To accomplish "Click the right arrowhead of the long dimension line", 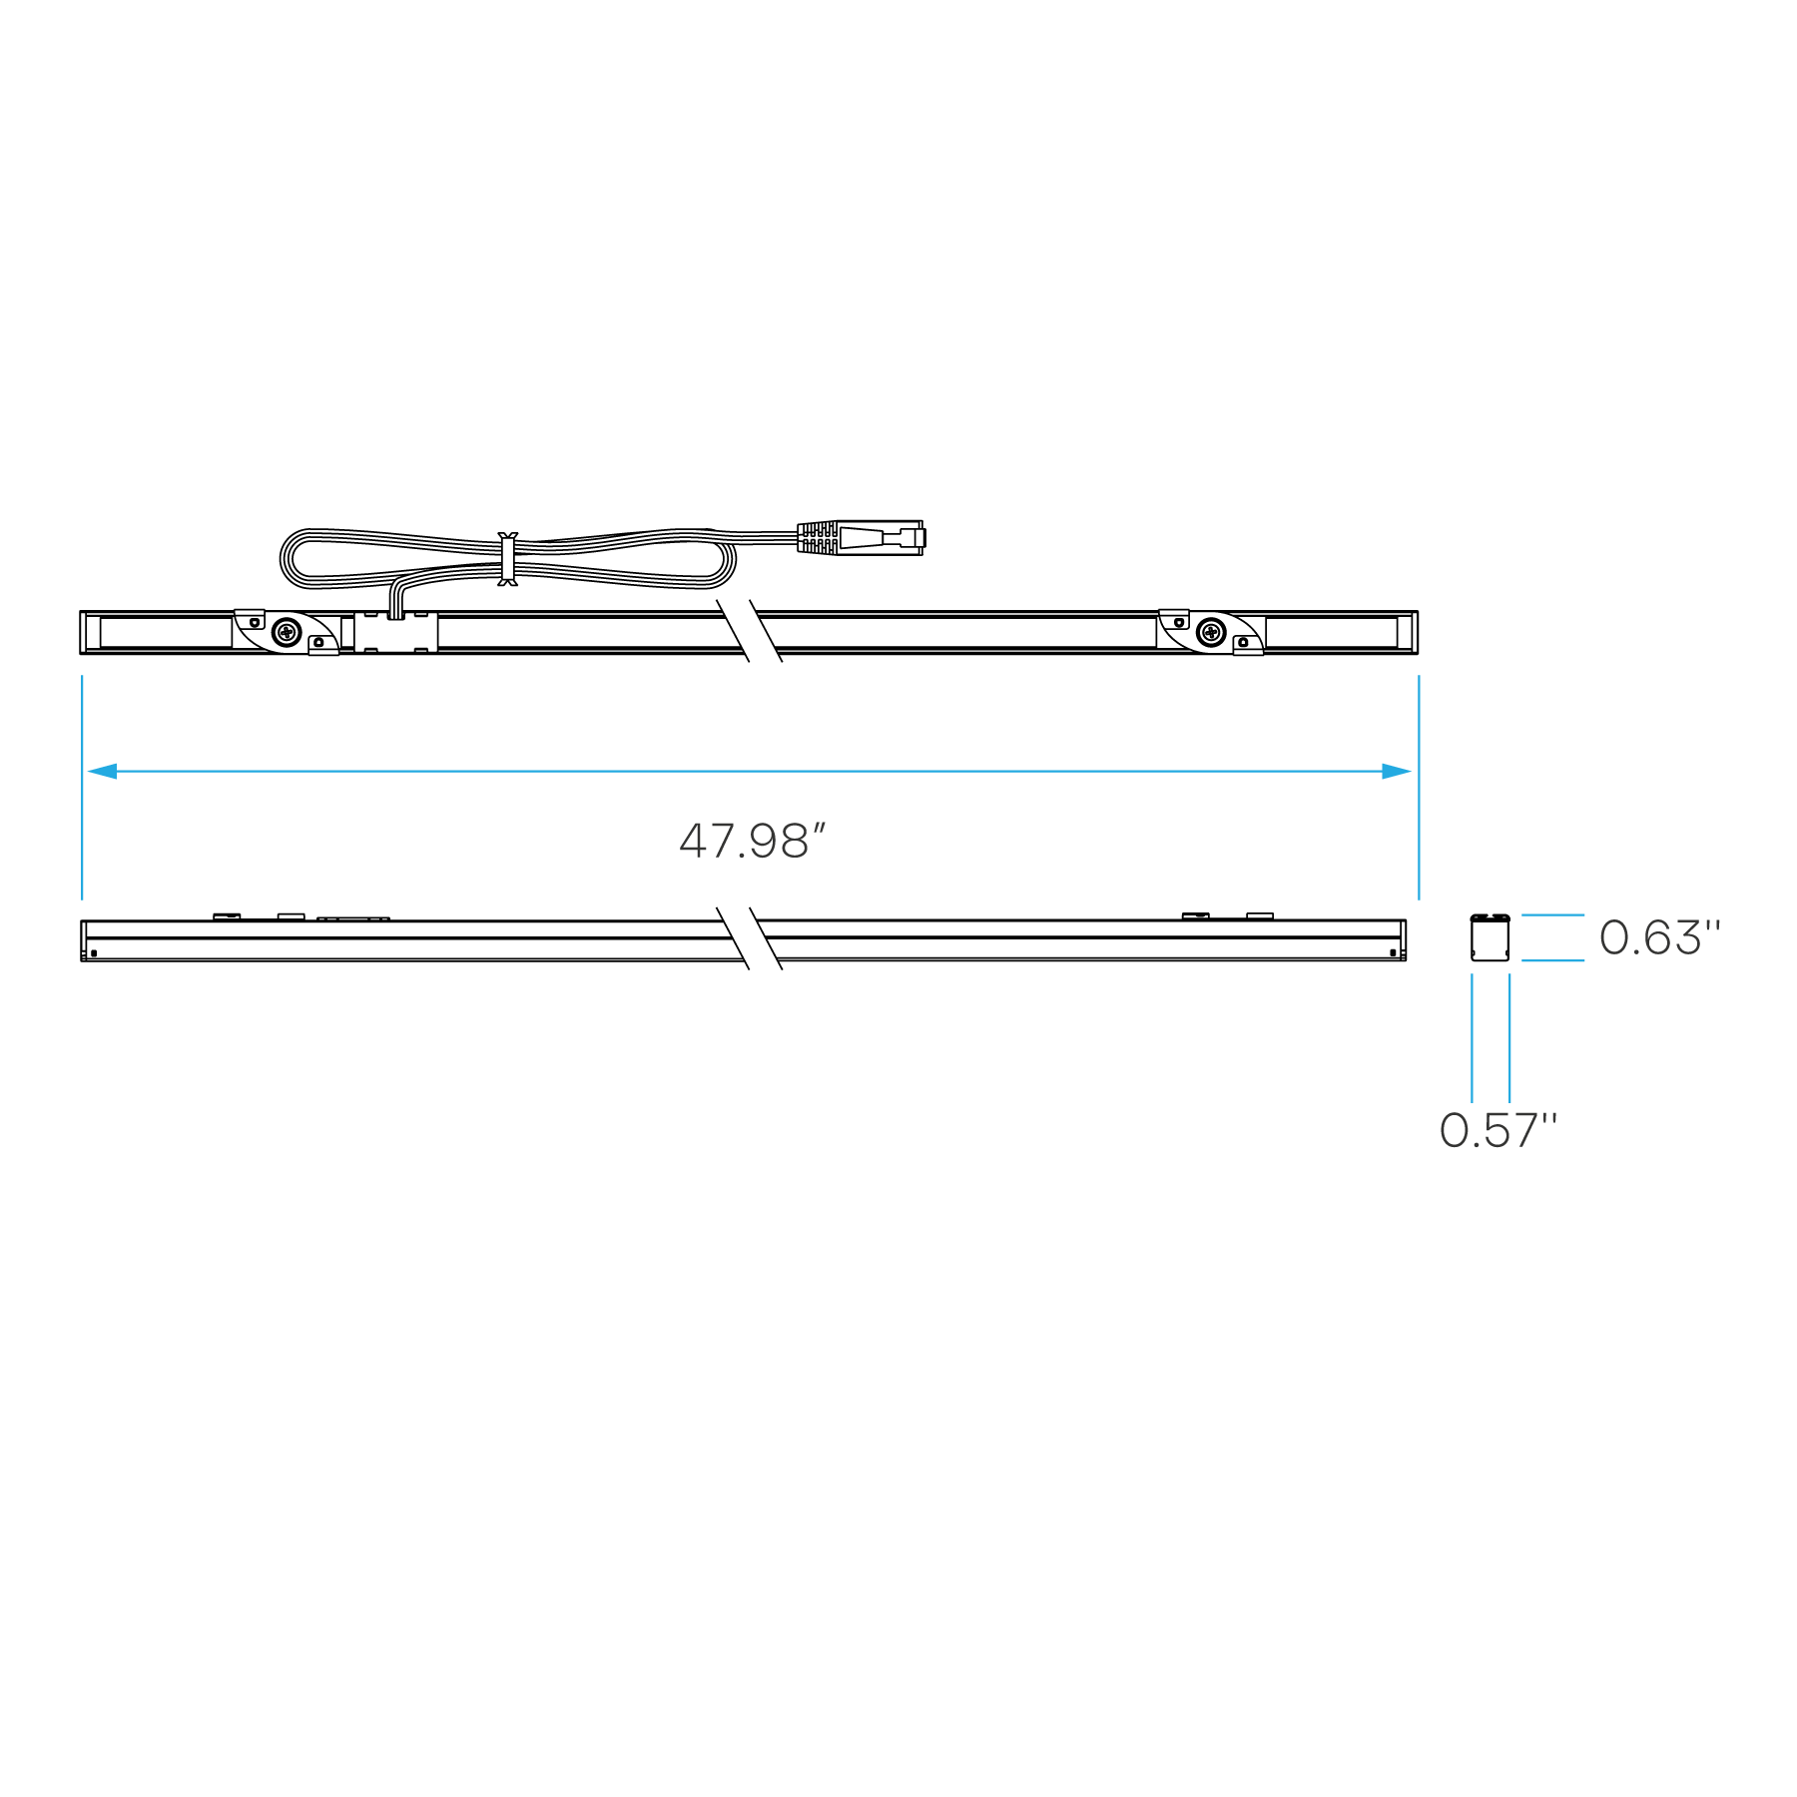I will pyautogui.click(x=1396, y=771).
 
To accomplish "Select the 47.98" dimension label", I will pyautogui.click(x=753, y=841).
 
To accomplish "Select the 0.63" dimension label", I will pyautogui.click(x=1659, y=937).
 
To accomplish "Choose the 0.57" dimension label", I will pyautogui.click(x=1497, y=1130).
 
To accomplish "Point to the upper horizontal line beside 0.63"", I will pyautogui.click(x=1552, y=914).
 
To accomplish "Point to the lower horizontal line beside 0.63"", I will pyautogui.click(x=1552, y=960).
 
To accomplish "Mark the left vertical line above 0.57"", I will pyautogui.click(x=1472, y=1037).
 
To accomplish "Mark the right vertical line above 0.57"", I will pyautogui.click(x=1509, y=1037).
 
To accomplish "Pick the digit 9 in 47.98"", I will pyautogui.click(x=764, y=842).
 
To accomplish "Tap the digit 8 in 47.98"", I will pyautogui.click(x=794, y=842).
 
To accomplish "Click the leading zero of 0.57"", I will pyautogui.click(x=1455, y=1131).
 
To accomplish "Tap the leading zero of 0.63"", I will pyautogui.click(x=1614, y=938).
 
